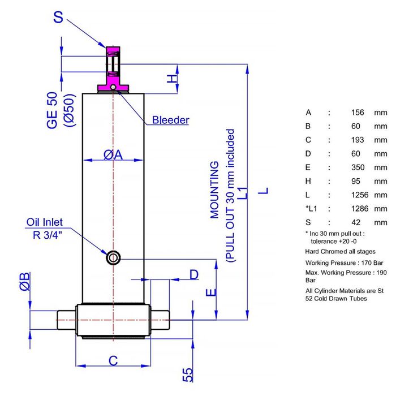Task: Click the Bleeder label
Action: coord(170,120)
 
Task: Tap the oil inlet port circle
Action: coord(113,258)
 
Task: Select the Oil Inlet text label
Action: coord(45,222)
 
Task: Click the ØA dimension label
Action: coord(113,153)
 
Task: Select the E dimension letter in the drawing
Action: coord(210,292)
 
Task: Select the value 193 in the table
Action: coord(358,140)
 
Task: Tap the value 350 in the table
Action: coord(358,167)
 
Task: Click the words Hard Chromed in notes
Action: coord(325,251)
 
